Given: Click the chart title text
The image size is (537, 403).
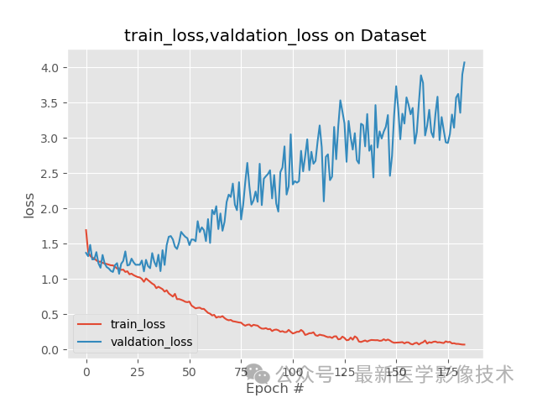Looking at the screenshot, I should [275, 35].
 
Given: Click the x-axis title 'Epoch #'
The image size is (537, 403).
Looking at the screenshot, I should [274, 389].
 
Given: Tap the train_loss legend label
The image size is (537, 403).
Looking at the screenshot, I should [138, 324].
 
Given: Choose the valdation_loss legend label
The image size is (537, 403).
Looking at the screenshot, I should [151, 342].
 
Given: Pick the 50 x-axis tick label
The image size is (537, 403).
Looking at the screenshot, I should [189, 370].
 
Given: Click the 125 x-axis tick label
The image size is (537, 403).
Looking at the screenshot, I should [344, 370].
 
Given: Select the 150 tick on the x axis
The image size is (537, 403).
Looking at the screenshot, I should [396, 370].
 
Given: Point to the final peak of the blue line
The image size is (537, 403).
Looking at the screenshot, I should [464, 62].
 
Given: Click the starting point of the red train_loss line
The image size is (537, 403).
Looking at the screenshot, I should [86, 230].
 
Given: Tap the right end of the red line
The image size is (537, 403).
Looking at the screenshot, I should [464, 344].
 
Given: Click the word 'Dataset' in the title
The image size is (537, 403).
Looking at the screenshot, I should [394, 35].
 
